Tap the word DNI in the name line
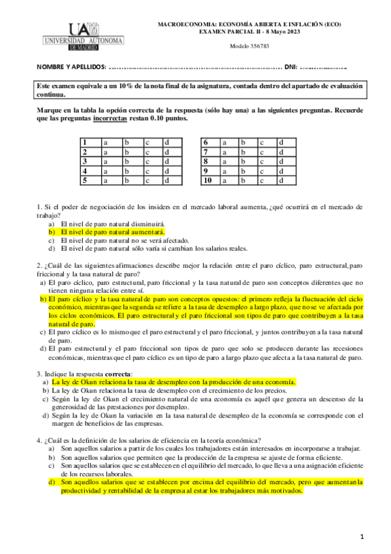pyautogui.click(x=291, y=67)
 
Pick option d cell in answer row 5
pyautogui.click(x=171, y=180)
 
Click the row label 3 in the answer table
pyautogui.click(x=84, y=161)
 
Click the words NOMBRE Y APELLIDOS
pyautogui.click(x=70, y=67)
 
